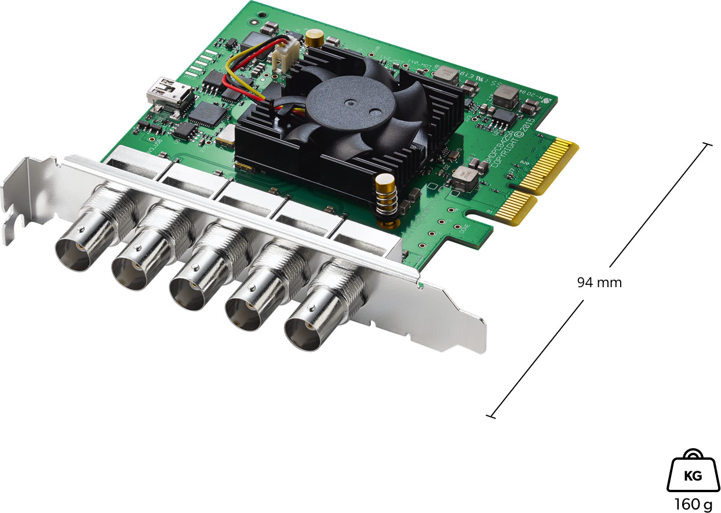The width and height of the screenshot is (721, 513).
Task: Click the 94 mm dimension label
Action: click(599, 283)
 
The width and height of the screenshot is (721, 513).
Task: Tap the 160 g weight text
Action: click(693, 504)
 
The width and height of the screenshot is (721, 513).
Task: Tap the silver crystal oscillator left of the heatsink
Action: click(224, 135)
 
